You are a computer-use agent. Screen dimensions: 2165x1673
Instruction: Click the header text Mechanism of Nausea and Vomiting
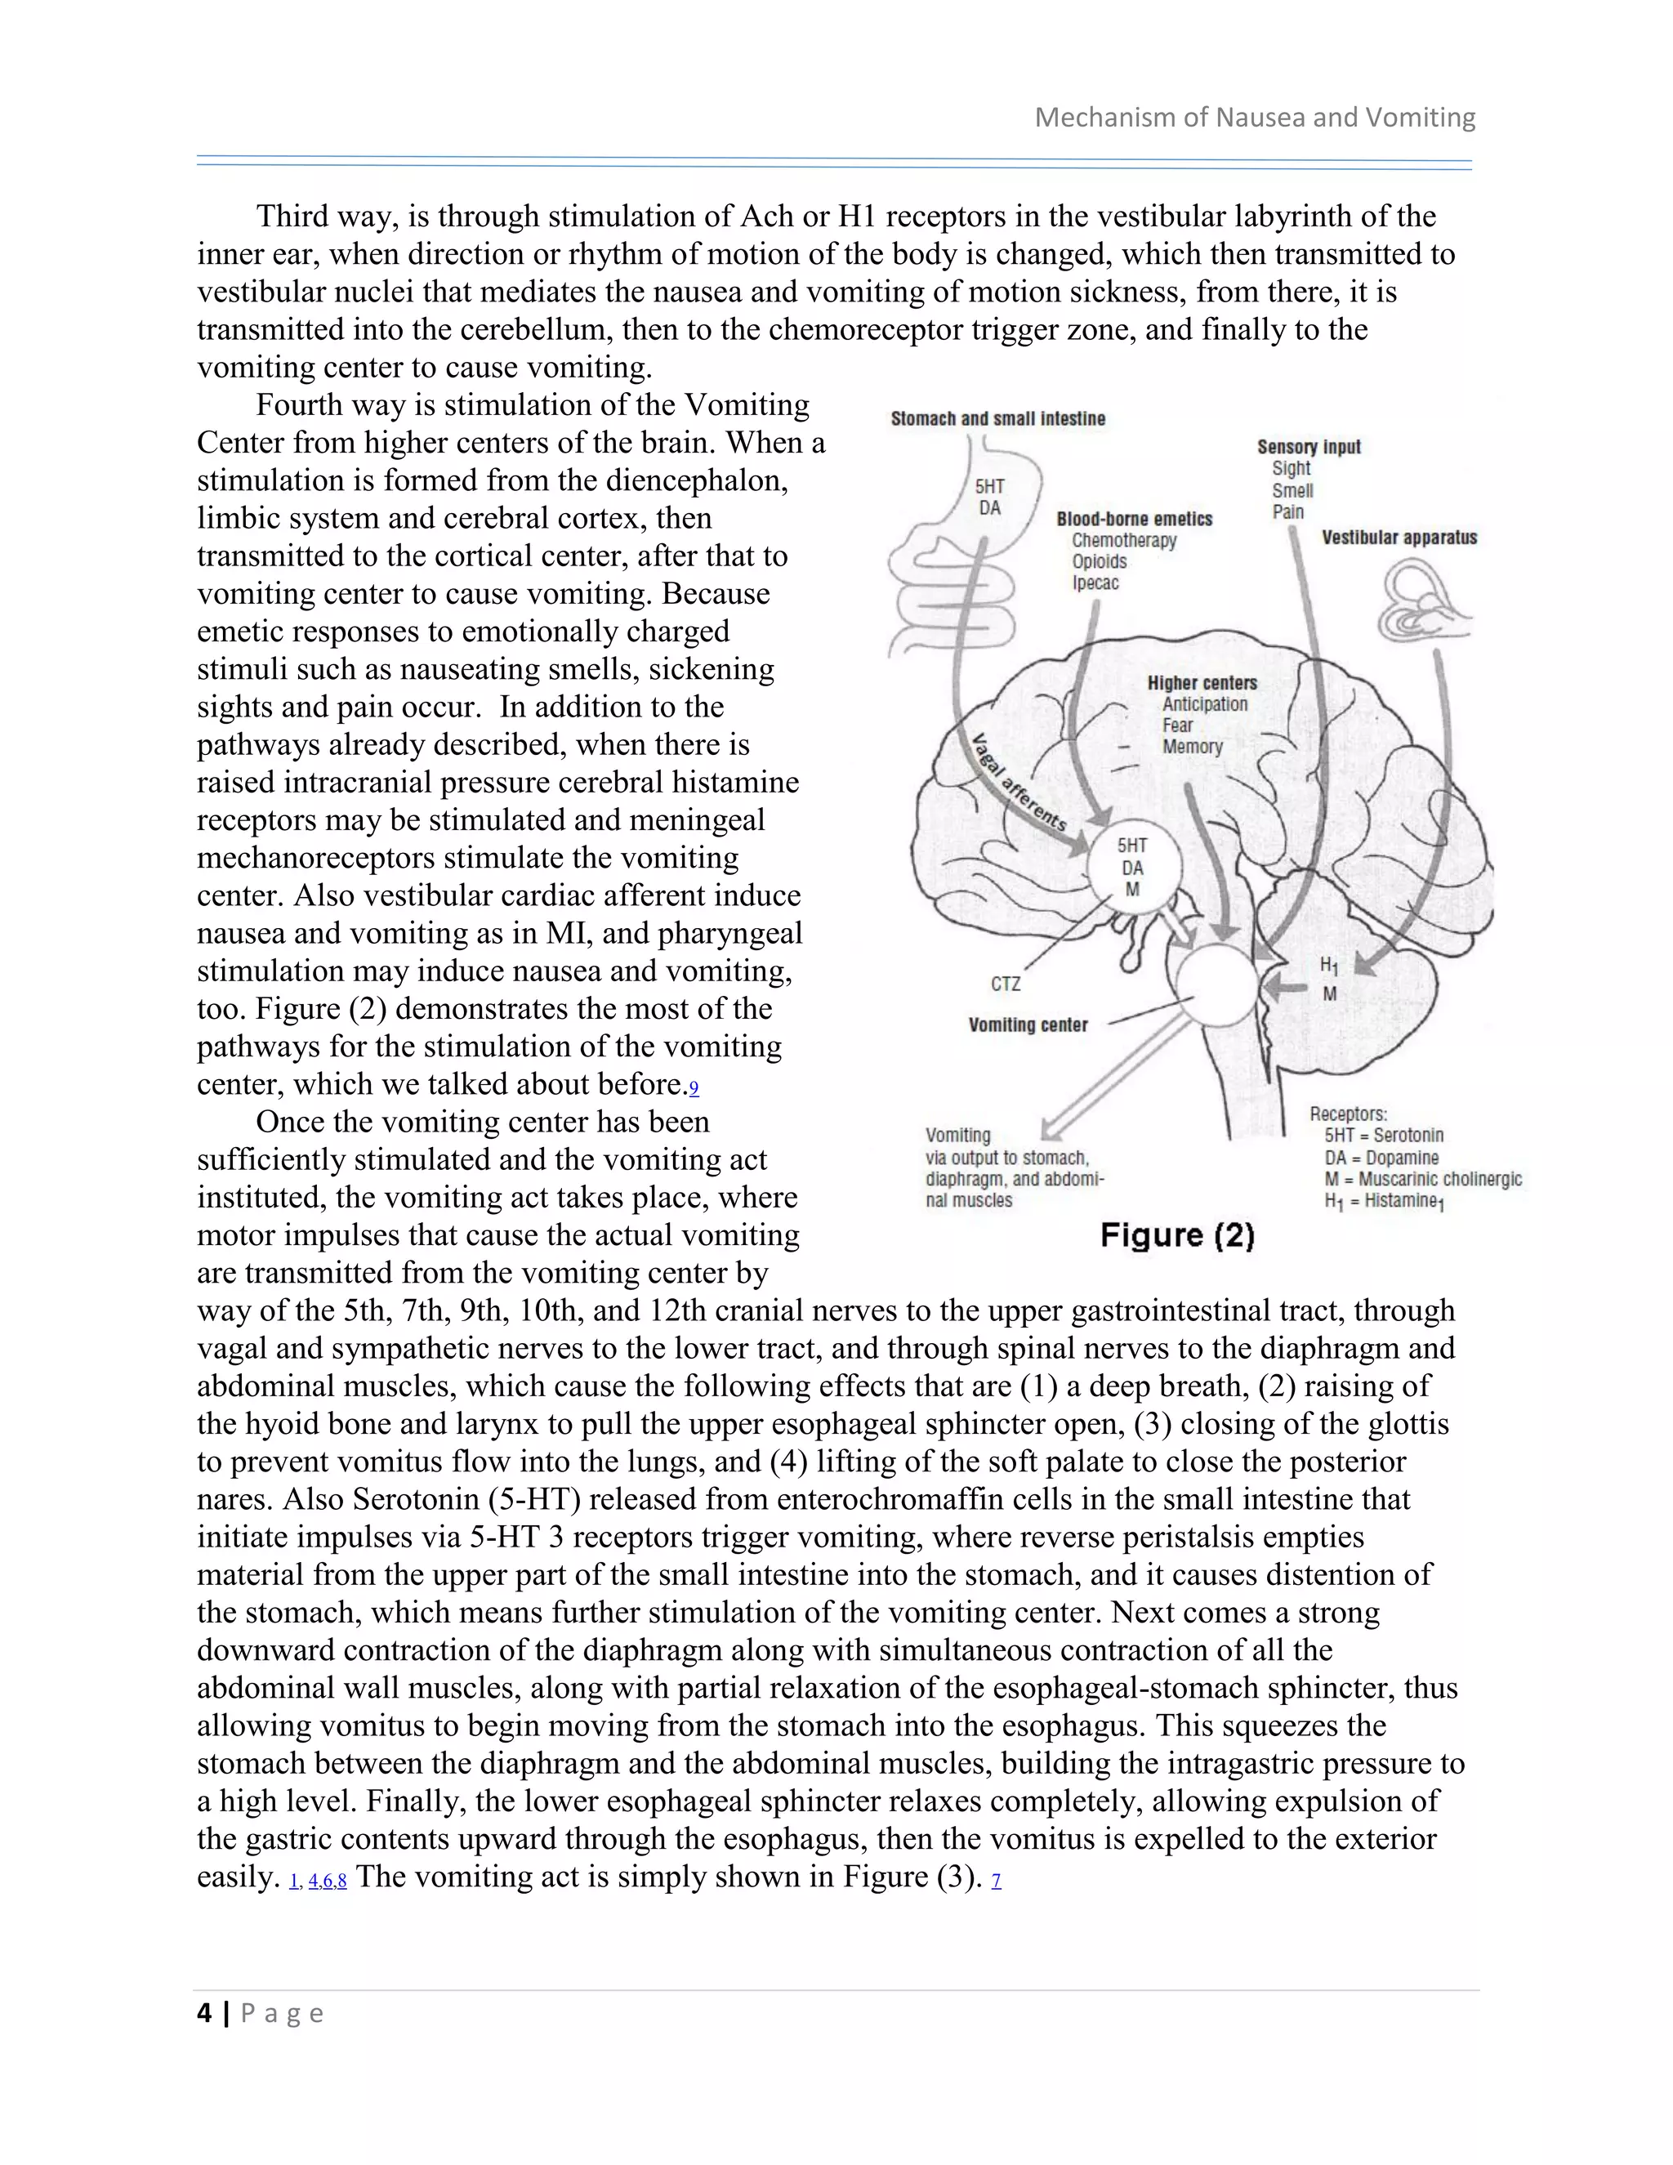(1255, 118)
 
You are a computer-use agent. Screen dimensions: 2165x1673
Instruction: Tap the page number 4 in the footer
(204, 2013)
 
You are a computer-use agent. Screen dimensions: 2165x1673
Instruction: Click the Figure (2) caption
(1177, 1235)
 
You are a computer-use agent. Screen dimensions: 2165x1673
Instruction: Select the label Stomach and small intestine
(997, 419)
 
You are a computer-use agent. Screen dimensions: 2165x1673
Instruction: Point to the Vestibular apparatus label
(1399, 538)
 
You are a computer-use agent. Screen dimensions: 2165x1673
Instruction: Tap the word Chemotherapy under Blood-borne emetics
(1124, 540)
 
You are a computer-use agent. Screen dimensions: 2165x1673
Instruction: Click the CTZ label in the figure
(1005, 984)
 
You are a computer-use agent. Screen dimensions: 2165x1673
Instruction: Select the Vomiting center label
(1028, 1025)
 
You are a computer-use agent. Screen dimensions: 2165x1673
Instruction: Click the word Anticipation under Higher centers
(1204, 705)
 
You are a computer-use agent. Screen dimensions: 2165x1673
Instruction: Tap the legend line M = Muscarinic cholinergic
(1422, 1180)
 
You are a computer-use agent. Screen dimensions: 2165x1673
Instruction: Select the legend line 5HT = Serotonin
(1384, 1136)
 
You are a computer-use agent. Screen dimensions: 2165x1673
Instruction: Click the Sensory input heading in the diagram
(1309, 447)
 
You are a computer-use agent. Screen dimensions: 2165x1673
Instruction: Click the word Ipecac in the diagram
(1095, 583)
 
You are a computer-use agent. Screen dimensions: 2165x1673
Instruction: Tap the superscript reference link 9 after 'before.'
(694, 1088)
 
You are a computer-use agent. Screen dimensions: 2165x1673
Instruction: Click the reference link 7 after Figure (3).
(996, 1880)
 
